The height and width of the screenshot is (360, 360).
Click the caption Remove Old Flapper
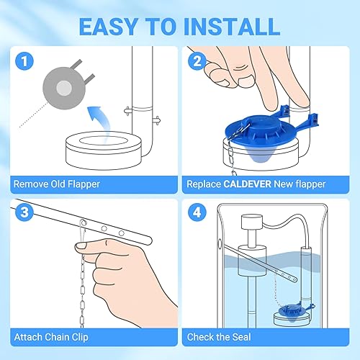(56, 184)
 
